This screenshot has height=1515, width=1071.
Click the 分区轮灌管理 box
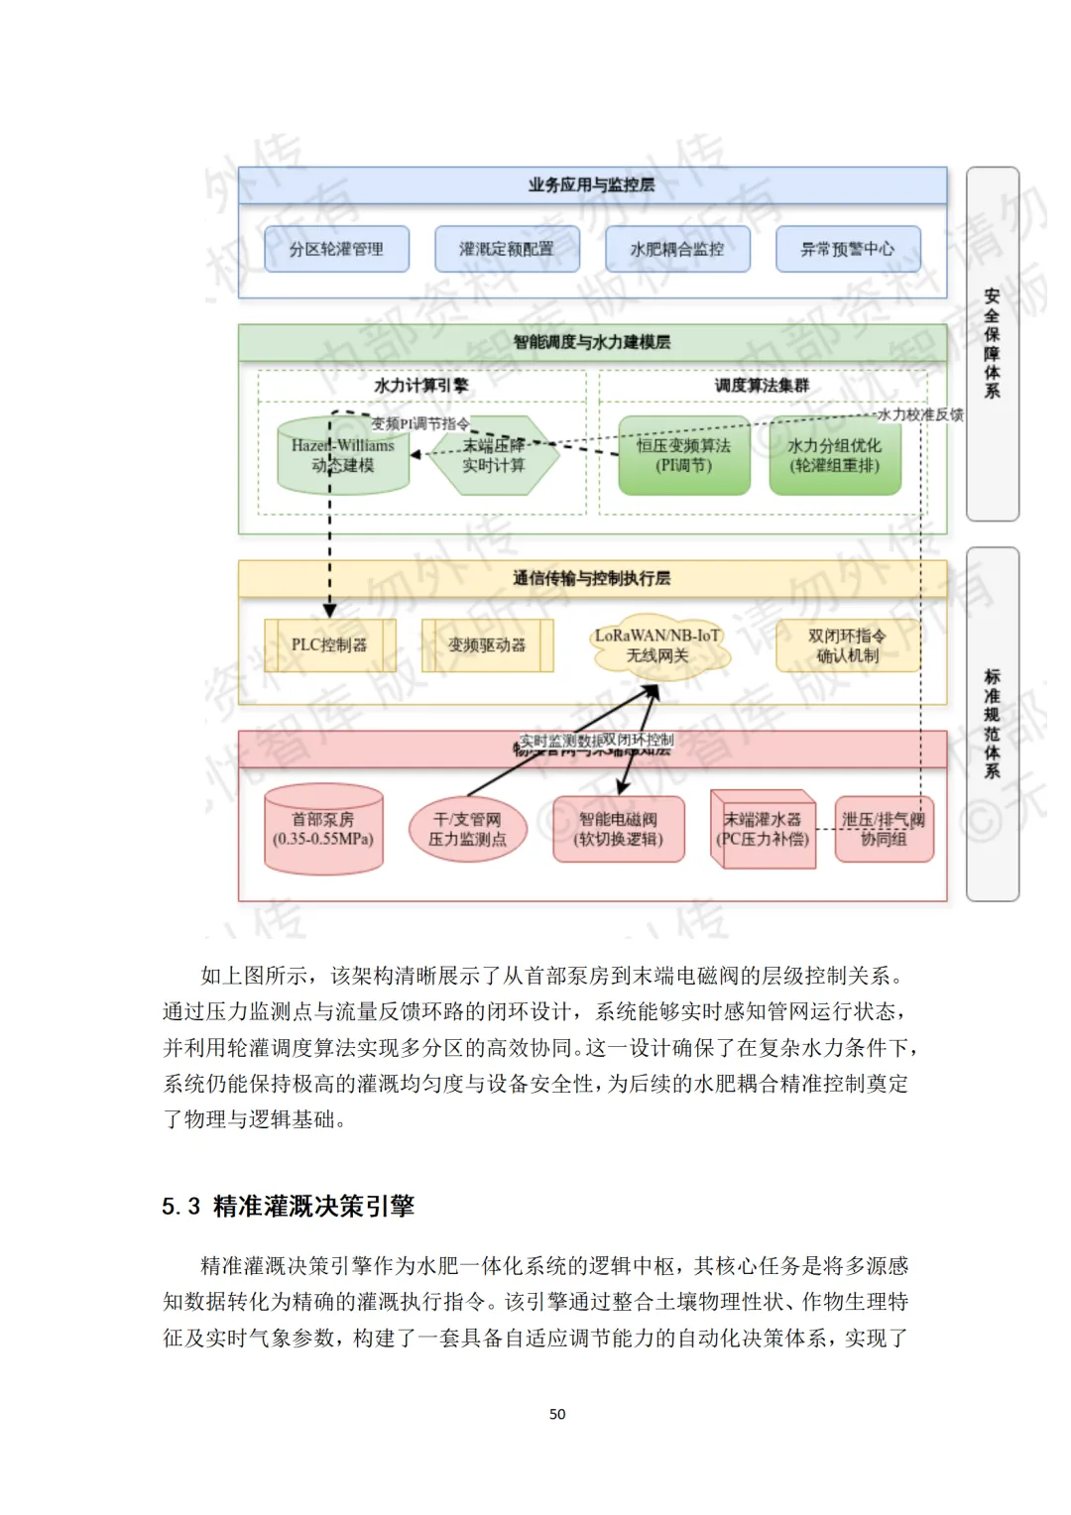336,249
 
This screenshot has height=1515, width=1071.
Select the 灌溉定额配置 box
507,249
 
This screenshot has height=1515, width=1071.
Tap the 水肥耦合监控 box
677,249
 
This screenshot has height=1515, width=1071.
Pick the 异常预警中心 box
848,249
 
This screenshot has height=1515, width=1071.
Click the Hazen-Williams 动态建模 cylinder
343,456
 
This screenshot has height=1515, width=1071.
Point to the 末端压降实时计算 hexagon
493,456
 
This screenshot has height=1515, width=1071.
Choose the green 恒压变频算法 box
684,456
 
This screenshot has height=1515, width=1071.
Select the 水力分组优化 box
835,456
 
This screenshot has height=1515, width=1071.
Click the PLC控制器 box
329,645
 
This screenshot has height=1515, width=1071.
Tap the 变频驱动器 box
487,645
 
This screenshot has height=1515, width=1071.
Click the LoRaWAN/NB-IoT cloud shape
657,646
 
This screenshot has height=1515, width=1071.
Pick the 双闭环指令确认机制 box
848,645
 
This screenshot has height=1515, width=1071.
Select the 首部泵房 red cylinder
323,829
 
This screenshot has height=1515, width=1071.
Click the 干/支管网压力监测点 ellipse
467,829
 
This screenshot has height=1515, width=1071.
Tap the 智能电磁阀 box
619,829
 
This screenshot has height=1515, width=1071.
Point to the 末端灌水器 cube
763,829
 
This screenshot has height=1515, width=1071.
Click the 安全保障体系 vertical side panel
992,343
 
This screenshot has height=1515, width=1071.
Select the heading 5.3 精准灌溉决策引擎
289,1206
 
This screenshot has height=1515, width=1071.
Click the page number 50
557,1414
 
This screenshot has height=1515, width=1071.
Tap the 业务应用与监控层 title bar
592,185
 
